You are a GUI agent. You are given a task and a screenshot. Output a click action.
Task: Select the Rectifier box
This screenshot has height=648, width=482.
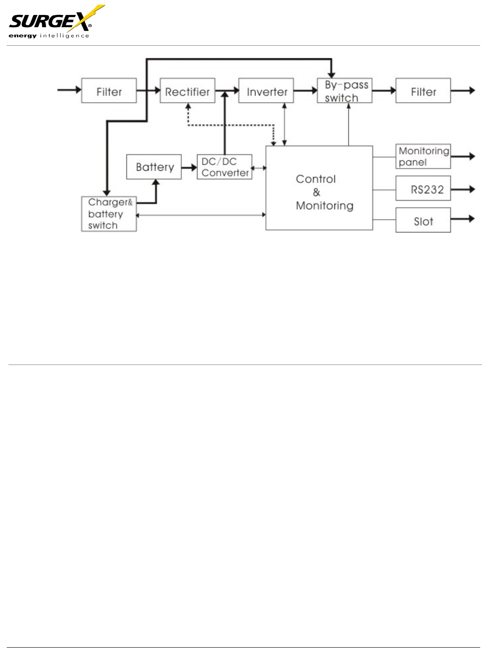pos(187,91)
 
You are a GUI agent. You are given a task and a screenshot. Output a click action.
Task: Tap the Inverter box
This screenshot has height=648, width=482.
pos(266,91)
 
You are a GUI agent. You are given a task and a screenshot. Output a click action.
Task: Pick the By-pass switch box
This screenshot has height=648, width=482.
pos(345,91)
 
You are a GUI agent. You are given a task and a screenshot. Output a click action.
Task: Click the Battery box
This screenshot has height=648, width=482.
pos(154,167)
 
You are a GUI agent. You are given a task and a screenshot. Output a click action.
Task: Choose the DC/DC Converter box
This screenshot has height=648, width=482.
pos(225,167)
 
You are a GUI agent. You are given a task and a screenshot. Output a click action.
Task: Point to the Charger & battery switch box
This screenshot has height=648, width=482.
pos(109,214)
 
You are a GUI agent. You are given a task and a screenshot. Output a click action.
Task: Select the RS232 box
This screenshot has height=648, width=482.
pos(423,188)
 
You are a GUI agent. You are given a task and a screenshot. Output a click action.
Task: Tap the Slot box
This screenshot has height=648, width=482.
pos(423,220)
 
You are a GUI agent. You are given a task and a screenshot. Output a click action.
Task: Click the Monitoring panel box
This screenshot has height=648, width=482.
pos(423,156)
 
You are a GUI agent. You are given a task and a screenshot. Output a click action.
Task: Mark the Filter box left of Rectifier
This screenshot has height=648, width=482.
pos(109,91)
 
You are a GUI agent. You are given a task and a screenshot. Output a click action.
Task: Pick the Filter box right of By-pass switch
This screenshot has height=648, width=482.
pos(423,91)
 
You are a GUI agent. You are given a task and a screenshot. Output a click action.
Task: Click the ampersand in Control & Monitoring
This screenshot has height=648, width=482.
pos(316,192)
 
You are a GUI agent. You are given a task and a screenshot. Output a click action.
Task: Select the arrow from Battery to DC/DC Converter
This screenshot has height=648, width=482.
pos(189,168)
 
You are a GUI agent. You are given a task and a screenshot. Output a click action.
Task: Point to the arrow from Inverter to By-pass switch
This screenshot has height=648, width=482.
pos(305,91)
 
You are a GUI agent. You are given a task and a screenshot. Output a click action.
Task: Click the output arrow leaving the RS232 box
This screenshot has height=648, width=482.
pos(463,189)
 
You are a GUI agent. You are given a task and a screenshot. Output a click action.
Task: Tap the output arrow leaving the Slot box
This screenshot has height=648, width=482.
pos(463,219)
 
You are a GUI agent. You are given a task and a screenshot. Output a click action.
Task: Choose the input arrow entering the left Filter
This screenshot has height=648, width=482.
pos(69,90)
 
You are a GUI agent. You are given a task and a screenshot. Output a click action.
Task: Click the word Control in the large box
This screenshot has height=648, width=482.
pos(316,179)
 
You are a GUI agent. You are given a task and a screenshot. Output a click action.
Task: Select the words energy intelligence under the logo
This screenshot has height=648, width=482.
pos(49,36)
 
